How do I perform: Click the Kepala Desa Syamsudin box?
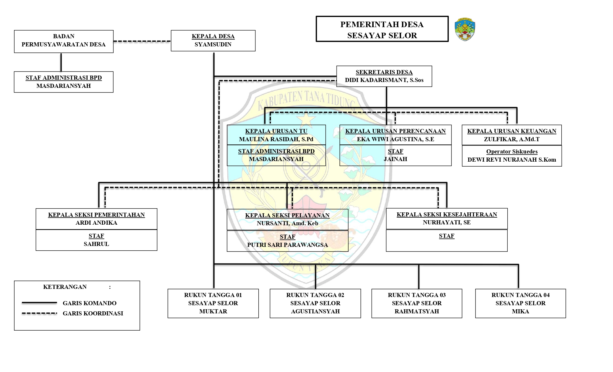(x=213, y=41)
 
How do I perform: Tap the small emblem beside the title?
(x=465, y=29)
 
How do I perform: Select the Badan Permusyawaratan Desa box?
(x=64, y=41)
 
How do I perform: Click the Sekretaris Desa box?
(x=384, y=76)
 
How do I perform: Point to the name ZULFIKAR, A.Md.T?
(x=511, y=139)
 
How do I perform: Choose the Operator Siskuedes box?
(x=512, y=156)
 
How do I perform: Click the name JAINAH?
(x=395, y=159)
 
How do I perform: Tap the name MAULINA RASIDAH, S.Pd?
(x=276, y=139)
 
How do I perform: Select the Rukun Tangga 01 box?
(x=213, y=303)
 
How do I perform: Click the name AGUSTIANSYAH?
(x=315, y=311)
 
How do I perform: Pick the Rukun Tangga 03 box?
(x=417, y=303)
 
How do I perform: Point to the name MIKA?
(x=520, y=311)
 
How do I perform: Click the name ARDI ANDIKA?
(x=96, y=223)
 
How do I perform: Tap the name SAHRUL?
(x=96, y=244)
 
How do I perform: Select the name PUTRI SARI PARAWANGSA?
(x=288, y=245)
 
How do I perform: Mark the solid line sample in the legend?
(x=39, y=303)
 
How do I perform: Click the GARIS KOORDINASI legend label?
(x=93, y=313)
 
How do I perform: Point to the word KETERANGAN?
(x=65, y=287)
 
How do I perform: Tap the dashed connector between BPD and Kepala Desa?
(x=142, y=41)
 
